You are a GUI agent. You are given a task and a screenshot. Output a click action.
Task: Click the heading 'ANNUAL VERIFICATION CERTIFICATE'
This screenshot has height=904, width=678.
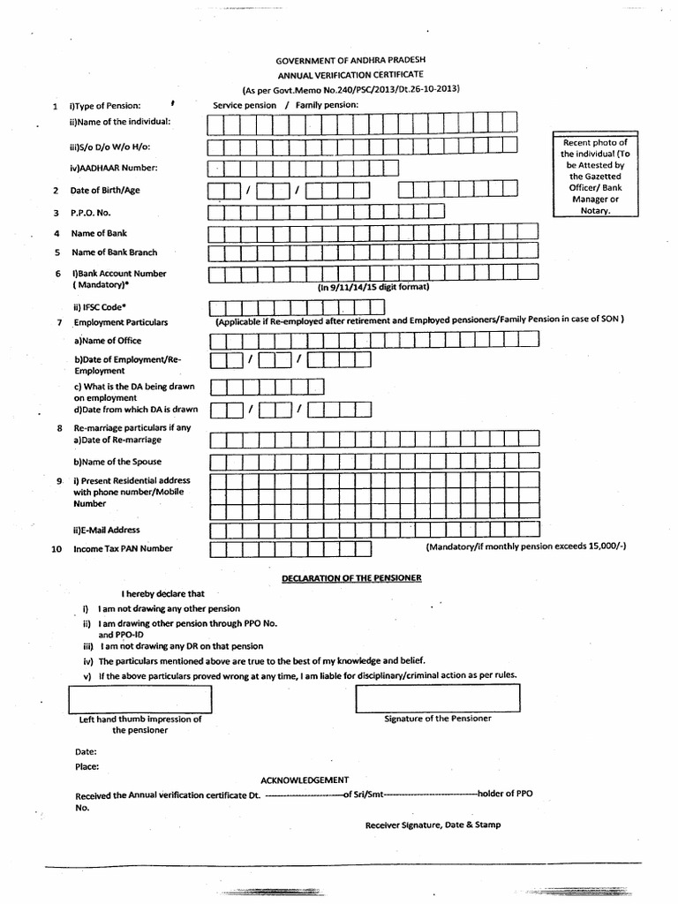(x=350, y=75)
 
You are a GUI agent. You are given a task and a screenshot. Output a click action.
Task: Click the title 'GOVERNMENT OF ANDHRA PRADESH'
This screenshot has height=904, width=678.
(x=350, y=60)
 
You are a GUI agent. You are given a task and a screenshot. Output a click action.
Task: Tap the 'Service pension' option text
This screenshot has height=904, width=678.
(x=245, y=105)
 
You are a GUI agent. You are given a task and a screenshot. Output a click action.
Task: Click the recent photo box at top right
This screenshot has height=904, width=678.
(x=596, y=177)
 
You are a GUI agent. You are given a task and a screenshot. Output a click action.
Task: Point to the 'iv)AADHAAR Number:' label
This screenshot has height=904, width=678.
(x=114, y=168)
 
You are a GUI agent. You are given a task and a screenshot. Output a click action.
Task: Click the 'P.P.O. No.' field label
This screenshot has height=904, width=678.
(x=91, y=213)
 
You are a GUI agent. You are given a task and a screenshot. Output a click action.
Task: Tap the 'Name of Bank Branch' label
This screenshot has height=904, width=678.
(x=114, y=252)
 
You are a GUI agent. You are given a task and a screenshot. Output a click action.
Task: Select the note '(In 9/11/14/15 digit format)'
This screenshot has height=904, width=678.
(x=373, y=287)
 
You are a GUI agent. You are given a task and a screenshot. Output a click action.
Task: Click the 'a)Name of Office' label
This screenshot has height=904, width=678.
(x=108, y=341)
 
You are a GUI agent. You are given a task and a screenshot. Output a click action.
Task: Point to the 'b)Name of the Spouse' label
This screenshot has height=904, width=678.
(x=117, y=462)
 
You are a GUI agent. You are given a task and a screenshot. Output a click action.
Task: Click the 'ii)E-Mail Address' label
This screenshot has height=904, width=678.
(x=107, y=531)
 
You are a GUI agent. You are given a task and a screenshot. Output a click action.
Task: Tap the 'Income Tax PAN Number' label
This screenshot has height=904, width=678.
(x=123, y=549)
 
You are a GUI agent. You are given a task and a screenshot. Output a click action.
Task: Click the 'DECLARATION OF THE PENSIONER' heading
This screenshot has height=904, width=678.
(x=351, y=577)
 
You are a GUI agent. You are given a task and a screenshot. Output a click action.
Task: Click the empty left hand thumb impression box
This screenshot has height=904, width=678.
(x=140, y=697)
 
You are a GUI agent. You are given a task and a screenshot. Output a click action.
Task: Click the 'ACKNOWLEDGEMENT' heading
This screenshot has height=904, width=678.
(x=305, y=780)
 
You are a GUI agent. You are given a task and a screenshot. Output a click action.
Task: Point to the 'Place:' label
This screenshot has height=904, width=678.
(x=87, y=767)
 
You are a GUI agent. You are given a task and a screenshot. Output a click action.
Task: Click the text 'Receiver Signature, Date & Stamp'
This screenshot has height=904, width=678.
(x=433, y=825)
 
